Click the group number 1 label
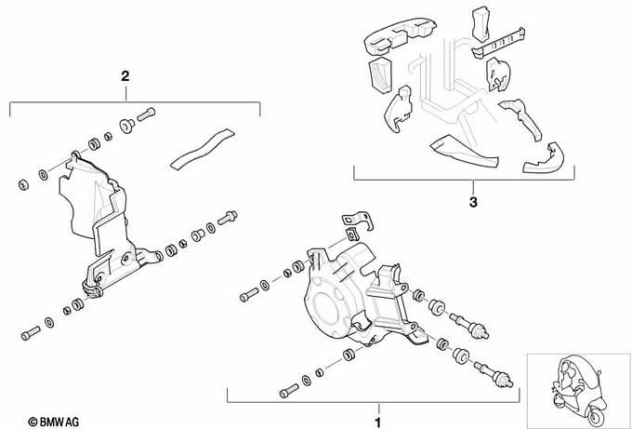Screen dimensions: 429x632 (x=378, y=409)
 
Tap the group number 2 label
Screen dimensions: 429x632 (x=125, y=77)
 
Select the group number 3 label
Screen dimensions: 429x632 (x=472, y=201)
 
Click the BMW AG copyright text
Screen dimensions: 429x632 (x=57, y=420)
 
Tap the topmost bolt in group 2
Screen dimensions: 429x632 (x=147, y=115)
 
